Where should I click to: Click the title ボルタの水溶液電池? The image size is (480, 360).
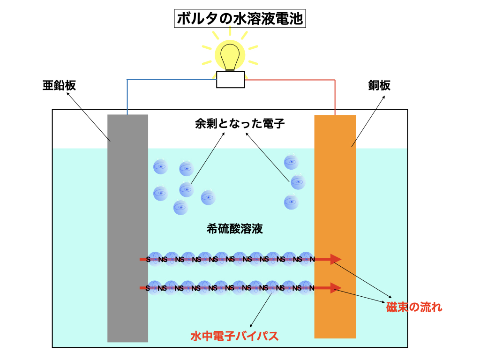coord(240,19)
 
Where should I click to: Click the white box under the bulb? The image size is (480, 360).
coord(230,80)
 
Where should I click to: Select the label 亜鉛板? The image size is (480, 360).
coord(59,85)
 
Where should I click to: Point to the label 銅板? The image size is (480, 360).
coord(380,85)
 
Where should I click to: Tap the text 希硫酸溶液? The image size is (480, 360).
coord(234,229)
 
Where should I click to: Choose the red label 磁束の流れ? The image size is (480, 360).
coord(414,307)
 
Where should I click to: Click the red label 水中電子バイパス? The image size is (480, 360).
coord(234,336)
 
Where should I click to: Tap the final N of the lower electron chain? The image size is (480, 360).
coord(312,288)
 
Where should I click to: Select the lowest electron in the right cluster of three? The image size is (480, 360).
coord(291,202)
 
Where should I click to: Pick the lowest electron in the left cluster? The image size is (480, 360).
coord(180,207)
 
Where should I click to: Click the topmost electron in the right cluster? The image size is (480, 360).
coord(291,162)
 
